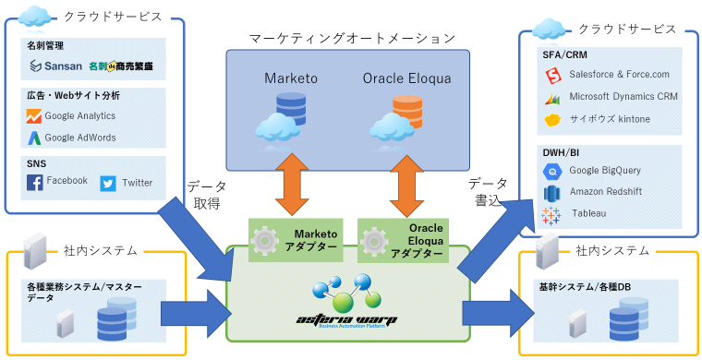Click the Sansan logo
pyautogui.click(x=56, y=66)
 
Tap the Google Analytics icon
pyautogui.click(x=34, y=116)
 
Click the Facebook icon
pyautogui.click(x=35, y=183)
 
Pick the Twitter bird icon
pyautogui.click(x=108, y=183)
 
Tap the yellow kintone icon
pyautogui.click(x=552, y=120)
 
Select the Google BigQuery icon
pyautogui.click(x=552, y=171)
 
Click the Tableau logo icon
pyautogui.click(x=552, y=214)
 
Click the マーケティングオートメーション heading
pyautogui.click(x=352, y=38)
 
